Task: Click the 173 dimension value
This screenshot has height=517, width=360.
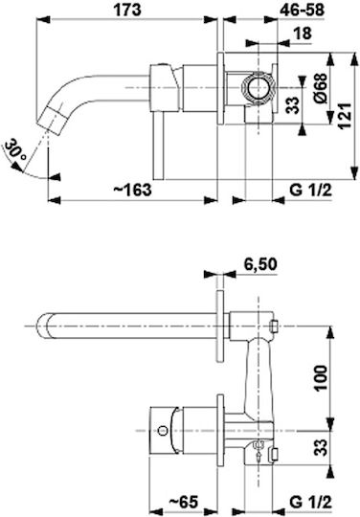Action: (x=127, y=10)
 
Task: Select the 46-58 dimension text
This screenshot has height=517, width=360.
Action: (x=302, y=10)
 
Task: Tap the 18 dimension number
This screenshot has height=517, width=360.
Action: (x=302, y=34)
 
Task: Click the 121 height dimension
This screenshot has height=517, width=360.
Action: (x=343, y=116)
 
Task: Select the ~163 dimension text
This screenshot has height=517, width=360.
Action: (x=132, y=190)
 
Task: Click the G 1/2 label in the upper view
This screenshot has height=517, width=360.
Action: (x=311, y=190)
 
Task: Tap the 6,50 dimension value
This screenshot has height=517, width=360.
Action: (x=260, y=264)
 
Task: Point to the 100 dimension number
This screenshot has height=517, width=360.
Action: (x=321, y=378)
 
